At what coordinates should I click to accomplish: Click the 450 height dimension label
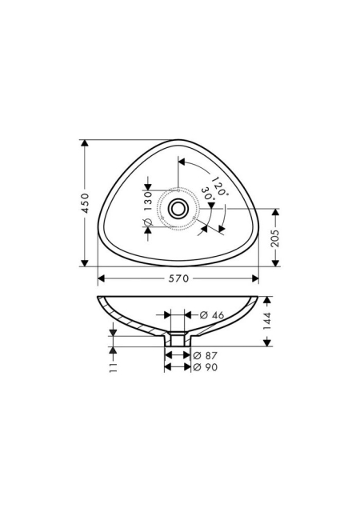coord(85,203)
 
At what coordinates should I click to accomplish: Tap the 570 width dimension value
coord(178,278)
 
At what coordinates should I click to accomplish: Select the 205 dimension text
coord(276,238)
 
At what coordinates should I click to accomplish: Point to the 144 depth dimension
coord(267,321)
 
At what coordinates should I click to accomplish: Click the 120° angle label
coord(219,186)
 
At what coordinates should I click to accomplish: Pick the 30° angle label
coord(208,194)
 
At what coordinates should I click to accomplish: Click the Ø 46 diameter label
coord(212,315)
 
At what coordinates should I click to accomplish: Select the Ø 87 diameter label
coord(205,355)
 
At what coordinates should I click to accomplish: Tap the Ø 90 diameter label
coord(205,367)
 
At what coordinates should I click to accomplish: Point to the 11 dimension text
coord(113,367)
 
